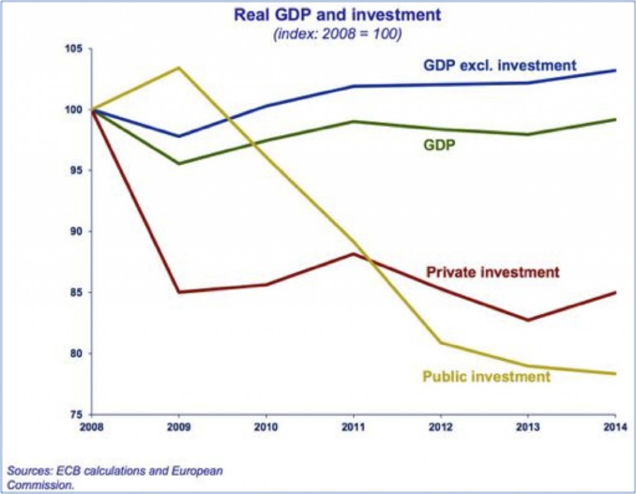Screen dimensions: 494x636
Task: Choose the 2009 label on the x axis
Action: tap(179, 428)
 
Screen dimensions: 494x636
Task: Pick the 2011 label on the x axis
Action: tap(353, 428)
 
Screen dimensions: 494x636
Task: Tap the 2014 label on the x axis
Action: tap(614, 428)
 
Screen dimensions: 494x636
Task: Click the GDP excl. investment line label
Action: tap(500, 65)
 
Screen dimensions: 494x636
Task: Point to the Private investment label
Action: tap(493, 272)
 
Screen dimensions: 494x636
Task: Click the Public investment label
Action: tap(486, 376)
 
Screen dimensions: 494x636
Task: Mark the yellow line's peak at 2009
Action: tap(179, 67)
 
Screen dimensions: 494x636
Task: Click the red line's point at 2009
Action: tap(179, 292)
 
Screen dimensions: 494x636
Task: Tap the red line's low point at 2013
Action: tap(528, 320)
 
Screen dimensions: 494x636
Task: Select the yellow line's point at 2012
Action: tap(441, 343)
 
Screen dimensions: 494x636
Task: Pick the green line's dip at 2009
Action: tap(179, 164)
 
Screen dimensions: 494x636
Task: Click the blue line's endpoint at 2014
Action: tap(615, 70)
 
